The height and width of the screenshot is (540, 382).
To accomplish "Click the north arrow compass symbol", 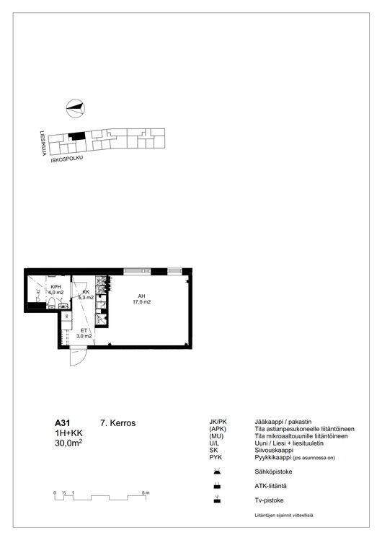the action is tap(76, 108).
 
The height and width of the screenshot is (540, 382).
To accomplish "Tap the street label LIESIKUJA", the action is tap(43, 143).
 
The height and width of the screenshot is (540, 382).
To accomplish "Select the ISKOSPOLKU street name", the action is tap(67, 159).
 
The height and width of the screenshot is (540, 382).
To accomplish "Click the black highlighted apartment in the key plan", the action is tap(76, 136).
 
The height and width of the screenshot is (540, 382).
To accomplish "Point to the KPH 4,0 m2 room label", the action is tap(55, 290).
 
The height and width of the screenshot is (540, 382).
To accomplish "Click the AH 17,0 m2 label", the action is tap(142, 299).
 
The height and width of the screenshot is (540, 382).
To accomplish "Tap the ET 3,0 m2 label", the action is tap(84, 333).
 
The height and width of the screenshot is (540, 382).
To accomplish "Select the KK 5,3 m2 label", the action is tap(86, 294).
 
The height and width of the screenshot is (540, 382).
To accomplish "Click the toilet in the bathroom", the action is tap(52, 303).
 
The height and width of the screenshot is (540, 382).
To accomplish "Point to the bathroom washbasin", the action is tap(63, 306).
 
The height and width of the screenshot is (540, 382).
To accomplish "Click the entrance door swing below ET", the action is tap(78, 356).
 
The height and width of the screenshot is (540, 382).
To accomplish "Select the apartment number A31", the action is tap(62, 423).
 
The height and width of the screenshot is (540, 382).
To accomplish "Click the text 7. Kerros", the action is tap(117, 423).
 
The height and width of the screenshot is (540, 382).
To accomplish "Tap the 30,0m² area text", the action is tap(68, 443).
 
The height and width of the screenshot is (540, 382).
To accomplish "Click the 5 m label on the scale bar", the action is tap(146, 493).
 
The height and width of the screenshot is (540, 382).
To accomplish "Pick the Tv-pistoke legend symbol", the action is tap(217, 500).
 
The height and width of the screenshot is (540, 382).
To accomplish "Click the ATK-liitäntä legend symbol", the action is tap(217, 486).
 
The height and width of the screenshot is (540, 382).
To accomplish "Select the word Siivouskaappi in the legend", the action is tap(274, 450).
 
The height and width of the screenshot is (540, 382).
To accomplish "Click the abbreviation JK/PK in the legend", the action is tap(218, 422).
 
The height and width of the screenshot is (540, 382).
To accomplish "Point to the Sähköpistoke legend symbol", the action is tap(217, 471).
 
